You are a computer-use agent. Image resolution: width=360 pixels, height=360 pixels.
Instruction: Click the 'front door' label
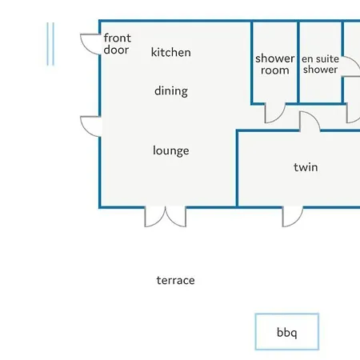coord(117,44)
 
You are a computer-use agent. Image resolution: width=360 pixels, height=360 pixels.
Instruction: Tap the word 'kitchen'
coord(171,52)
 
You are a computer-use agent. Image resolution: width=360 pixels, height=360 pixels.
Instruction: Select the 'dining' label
coord(171,91)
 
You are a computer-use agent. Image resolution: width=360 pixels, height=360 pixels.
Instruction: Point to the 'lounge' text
coord(171,150)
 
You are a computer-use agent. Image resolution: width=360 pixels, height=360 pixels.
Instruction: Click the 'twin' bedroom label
coord(306,167)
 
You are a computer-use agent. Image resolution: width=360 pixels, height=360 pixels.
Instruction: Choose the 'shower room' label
coord(275,64)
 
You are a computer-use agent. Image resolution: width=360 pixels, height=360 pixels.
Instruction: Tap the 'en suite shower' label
coord(320,64)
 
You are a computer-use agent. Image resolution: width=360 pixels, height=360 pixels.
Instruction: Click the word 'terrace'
coord(175,280)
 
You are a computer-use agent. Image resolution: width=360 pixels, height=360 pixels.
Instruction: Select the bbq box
coord(287,332)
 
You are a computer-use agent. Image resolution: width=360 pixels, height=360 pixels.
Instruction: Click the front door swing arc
coord(85,47)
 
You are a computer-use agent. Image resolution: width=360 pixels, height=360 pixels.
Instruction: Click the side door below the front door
coord(85,130)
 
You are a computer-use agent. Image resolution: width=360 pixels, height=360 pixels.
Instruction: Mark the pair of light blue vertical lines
coord(50,44)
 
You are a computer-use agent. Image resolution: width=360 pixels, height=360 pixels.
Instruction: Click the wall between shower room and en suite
coord(298,62)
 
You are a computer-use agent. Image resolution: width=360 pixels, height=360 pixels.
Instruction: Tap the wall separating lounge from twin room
coord(237,168)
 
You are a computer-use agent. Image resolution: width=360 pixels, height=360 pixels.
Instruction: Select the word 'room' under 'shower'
coord(275,70)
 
